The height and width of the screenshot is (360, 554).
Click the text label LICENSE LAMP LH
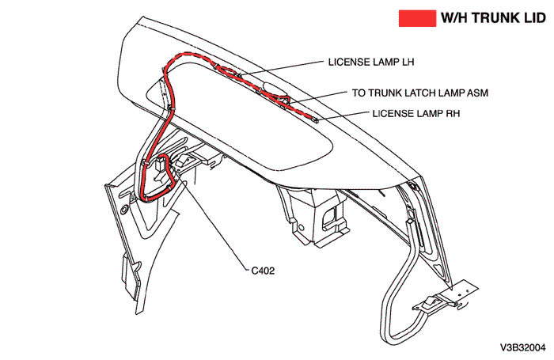click(370, 61)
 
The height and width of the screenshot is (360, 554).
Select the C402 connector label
click(263, 270)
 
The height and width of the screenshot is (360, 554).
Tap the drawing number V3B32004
click(522, 347)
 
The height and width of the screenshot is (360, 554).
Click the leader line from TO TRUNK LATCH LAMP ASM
click(317, 97)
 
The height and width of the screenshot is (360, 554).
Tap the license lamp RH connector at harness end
click(315, 120)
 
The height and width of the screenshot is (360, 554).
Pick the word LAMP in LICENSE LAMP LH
click(382, 61)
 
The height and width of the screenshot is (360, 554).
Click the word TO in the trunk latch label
click(359, 93)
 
